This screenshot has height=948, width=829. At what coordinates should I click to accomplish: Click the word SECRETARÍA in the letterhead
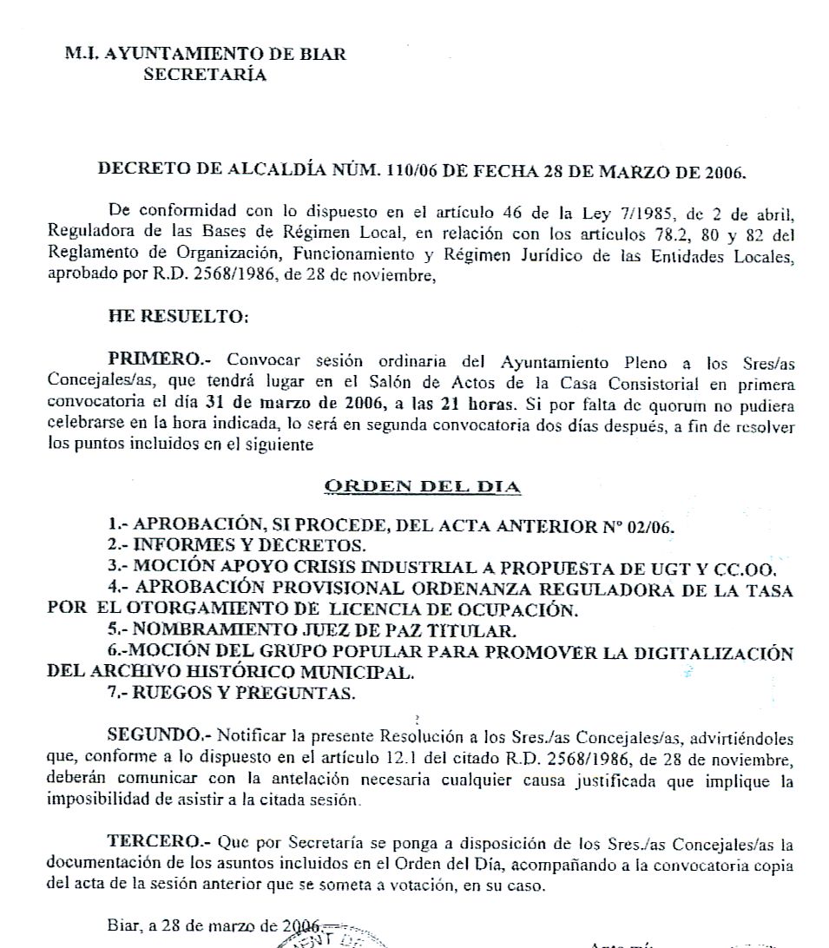(x=205, y=75)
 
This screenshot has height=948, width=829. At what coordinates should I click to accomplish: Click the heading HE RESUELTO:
(x=178, y=317)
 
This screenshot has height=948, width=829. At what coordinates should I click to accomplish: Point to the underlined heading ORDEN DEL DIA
(x=423, y=486)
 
